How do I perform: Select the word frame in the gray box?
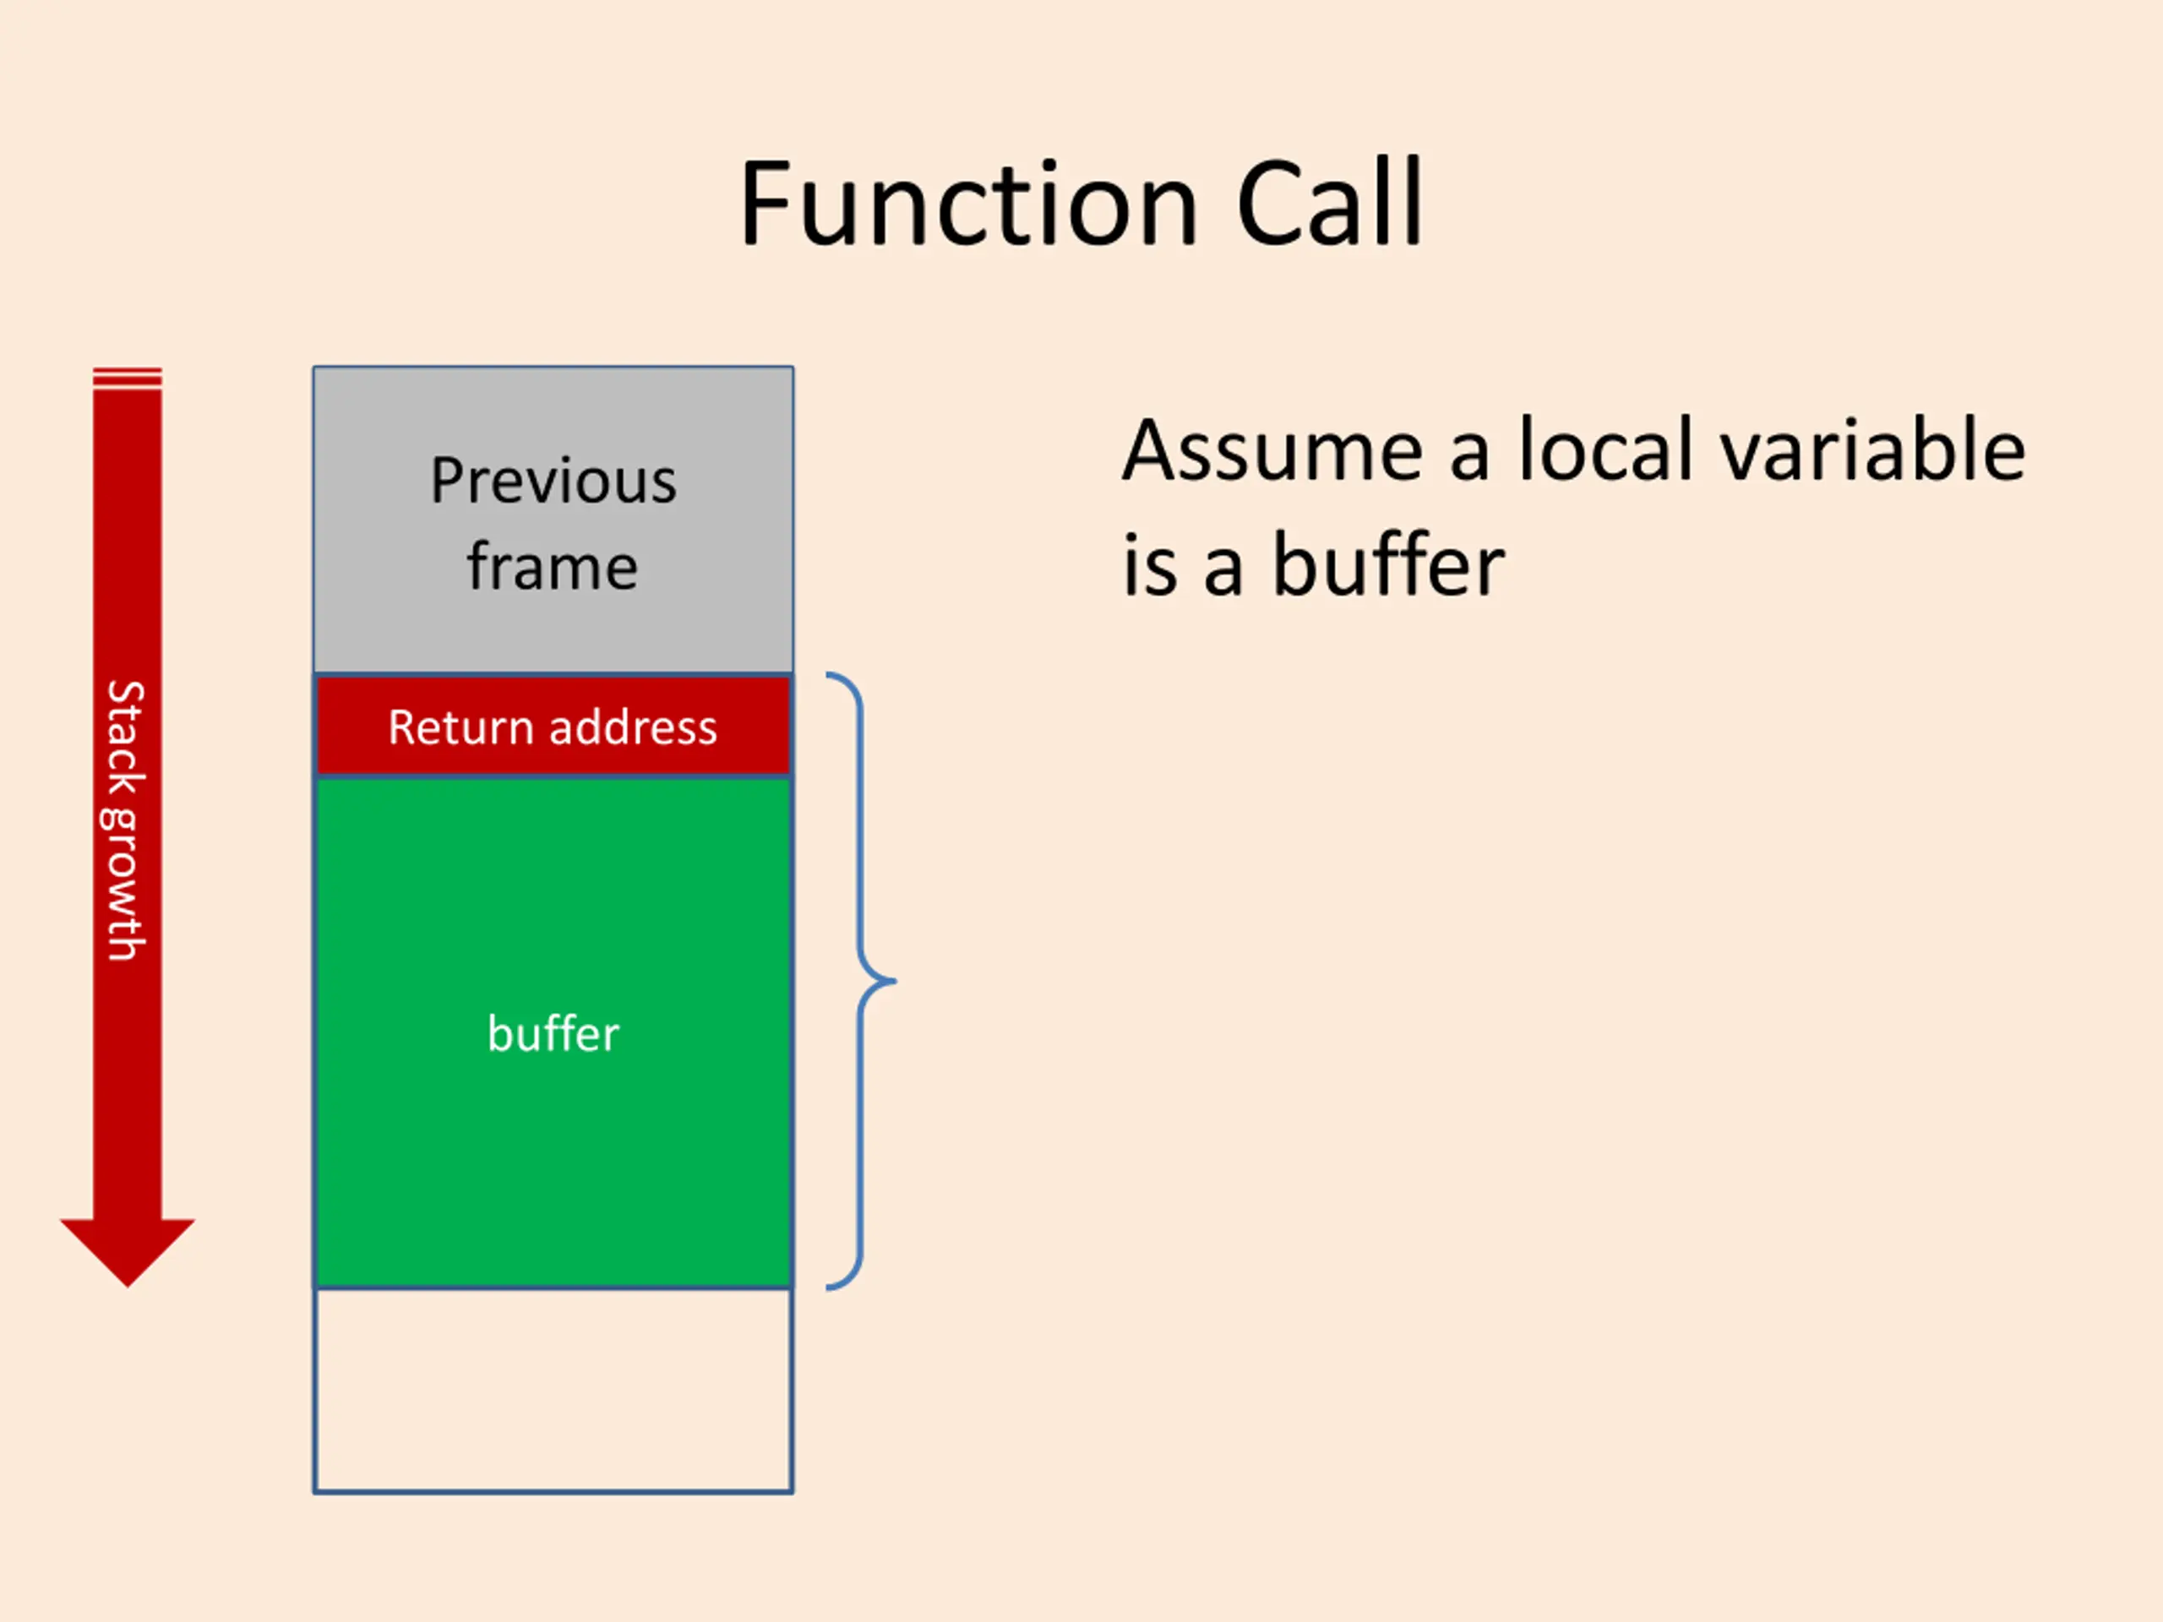(553, 567)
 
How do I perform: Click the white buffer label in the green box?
(553, 1033)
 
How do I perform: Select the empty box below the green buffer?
(553, 1391)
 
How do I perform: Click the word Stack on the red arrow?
(126, 738)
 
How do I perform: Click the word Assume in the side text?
(1272, 451)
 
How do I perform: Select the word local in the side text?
(1605, 451)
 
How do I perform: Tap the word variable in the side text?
(1872, 451)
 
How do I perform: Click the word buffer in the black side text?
(1387, 566)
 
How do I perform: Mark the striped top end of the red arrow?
(127, 378)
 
